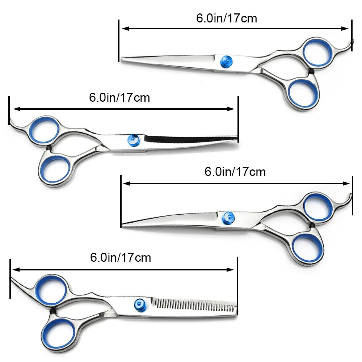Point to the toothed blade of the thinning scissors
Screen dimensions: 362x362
(195, 304)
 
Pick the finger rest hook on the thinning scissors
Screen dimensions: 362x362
(16, 282)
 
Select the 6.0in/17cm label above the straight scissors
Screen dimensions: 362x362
(227, 18)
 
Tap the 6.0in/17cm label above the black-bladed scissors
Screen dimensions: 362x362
(119, 97)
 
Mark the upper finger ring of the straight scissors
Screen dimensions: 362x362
(317, 53)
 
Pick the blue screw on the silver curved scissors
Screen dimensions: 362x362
(227, 218)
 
